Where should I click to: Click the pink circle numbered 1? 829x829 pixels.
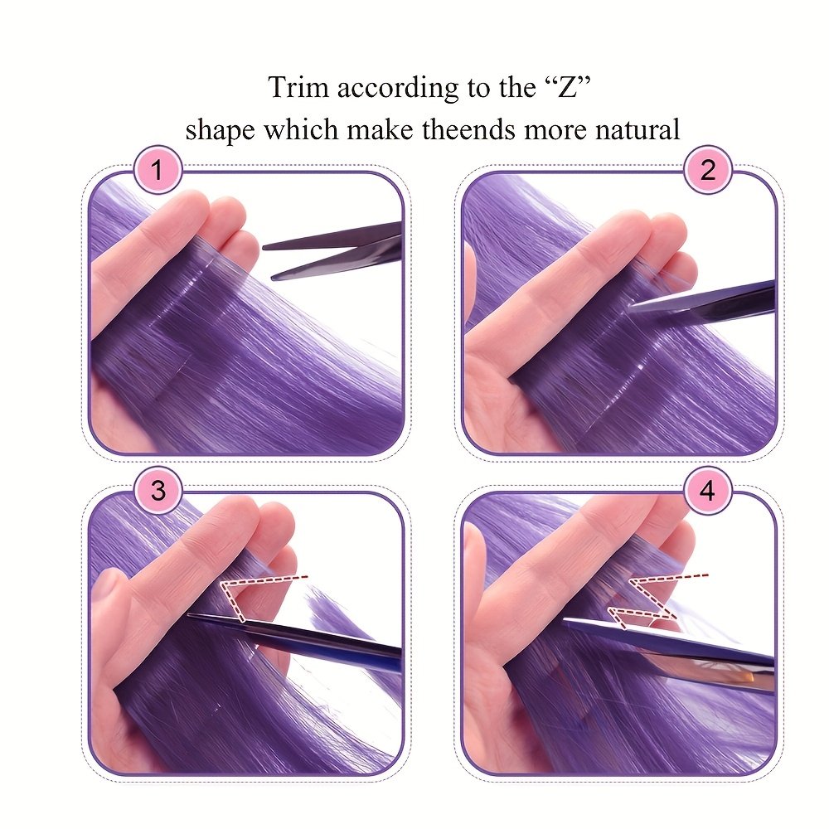(158, 172)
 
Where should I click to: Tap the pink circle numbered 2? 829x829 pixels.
(707, 172)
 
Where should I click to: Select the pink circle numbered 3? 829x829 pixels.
(158, 491)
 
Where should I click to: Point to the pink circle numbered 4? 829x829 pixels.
(707, 491)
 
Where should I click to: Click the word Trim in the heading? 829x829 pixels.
(294, 87)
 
